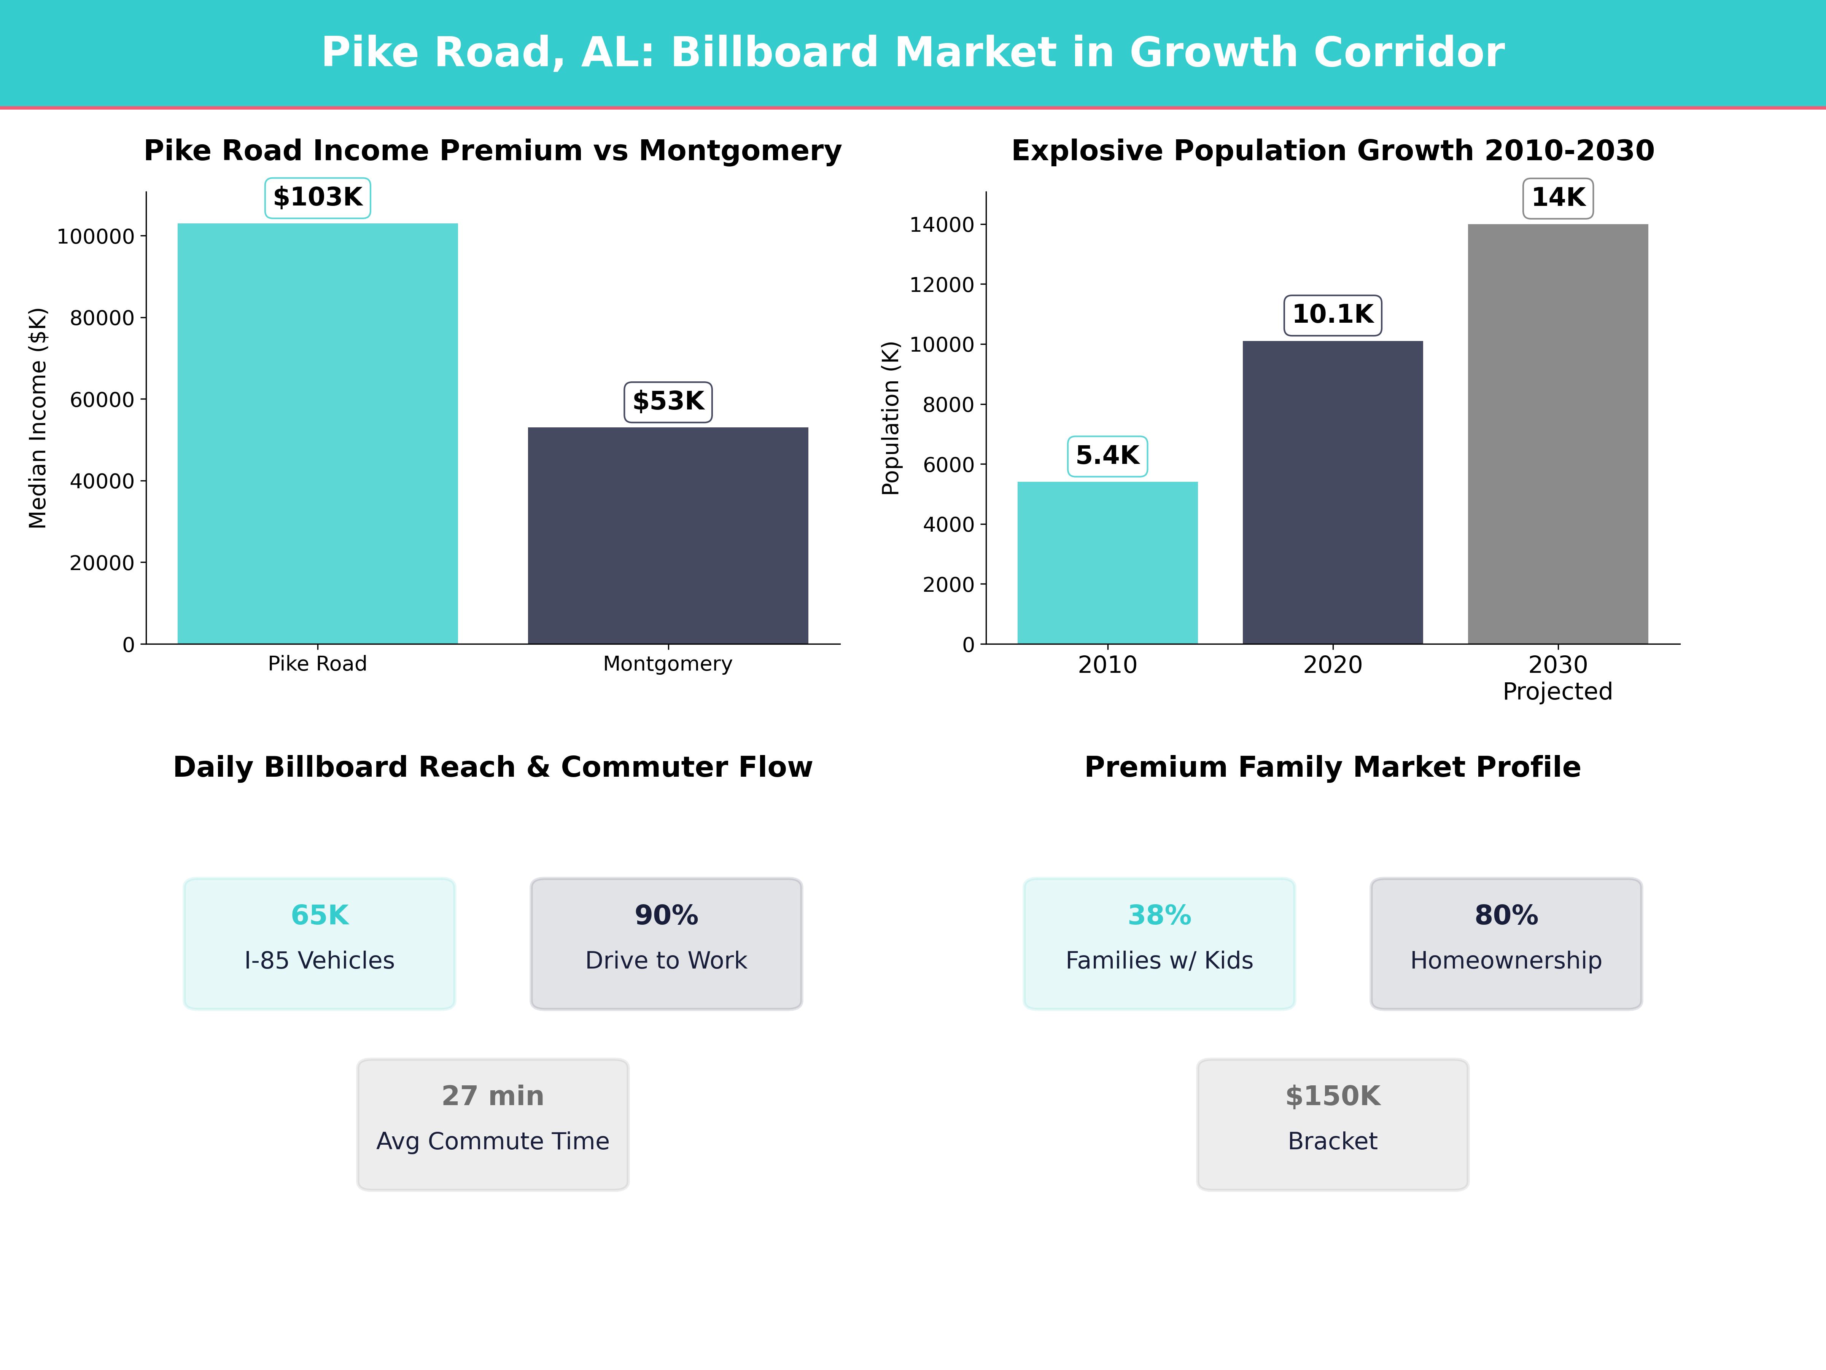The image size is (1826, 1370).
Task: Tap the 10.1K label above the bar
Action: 1332,315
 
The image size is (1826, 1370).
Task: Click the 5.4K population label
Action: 1107,456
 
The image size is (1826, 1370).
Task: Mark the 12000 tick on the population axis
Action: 942,285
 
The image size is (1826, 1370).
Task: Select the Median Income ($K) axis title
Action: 38,418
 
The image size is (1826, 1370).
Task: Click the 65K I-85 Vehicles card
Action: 320,943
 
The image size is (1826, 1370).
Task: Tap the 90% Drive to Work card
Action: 666,943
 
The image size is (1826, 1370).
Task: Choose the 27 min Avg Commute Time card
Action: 493,1124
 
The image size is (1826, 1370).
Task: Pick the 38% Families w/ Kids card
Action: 1159,943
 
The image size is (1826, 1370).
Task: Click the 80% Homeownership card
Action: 1506,943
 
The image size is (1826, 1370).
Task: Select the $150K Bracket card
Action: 1332,1124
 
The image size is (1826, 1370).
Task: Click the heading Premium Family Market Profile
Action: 1332,767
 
